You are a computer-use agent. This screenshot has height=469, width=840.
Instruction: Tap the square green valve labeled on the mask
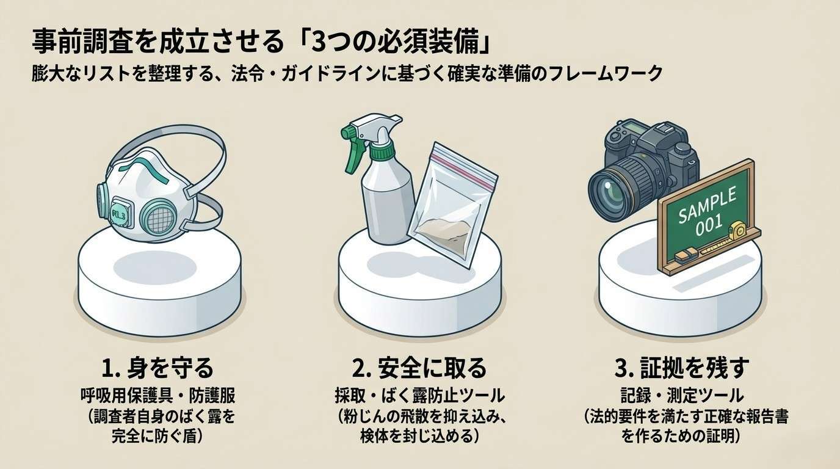[122, 214]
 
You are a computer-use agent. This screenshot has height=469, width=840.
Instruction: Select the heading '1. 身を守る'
[157, 367]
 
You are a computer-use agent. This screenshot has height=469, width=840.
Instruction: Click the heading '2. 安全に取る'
[419, 367]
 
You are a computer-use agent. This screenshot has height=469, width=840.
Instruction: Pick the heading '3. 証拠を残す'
[682, 367]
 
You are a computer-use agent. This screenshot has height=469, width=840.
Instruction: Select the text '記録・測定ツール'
[682, 396]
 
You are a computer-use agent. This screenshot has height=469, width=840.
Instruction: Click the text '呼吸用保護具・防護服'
[158, 396]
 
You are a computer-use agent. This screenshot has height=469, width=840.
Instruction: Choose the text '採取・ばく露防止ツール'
[419, 396]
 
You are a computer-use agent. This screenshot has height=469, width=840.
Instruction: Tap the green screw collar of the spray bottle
[383, 152]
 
